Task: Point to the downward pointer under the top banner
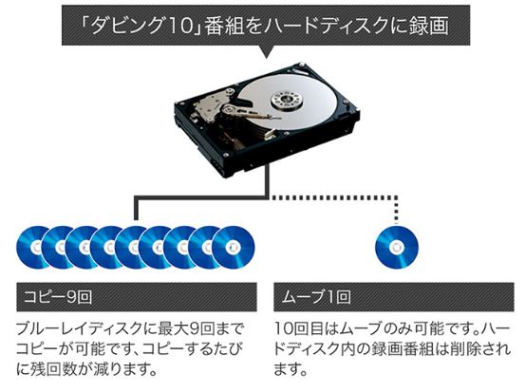click(266, 52)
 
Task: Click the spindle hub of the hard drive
click(286, 98)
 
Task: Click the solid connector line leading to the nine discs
click(201, 197)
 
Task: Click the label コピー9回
click(58, 297)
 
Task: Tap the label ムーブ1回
click(315, 297)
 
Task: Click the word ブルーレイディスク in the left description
click(80, 329)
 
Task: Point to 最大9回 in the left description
click(185, 329)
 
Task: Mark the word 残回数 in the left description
click(56, 369)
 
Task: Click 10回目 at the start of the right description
click(300, 329)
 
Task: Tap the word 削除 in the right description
click(471, 349)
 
